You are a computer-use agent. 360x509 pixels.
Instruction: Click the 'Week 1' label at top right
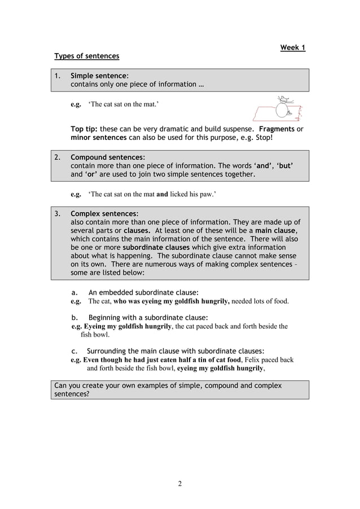click(x=292, y=47)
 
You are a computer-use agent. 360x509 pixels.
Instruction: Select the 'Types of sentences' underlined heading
click(x=86, y=56)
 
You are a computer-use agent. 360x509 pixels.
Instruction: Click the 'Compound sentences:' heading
click(x=107, y=157)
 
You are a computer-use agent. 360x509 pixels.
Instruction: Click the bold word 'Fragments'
click(x=276, y=129)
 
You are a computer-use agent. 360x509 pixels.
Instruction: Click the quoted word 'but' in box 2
click(x=284, y=166)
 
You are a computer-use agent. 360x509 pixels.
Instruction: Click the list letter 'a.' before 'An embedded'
click(x=74, y=292)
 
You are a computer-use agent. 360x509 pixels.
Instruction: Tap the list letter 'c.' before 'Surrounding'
click(x=74, y=351)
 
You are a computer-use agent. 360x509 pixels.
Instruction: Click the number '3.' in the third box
click(x=58, y=214)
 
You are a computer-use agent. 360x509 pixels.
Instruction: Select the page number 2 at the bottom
click(x=179, y=483)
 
